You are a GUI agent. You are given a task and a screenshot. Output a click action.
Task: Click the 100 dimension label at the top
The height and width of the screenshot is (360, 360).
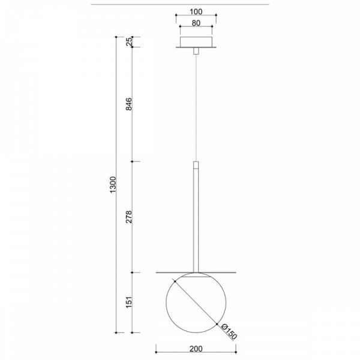point(196,12)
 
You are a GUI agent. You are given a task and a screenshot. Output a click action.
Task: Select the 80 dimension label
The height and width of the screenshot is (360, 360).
point(196,23)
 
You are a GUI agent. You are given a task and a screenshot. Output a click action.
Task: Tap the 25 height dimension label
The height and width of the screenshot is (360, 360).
point(129,41)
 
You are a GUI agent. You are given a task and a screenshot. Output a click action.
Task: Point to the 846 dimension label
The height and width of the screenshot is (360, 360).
point(129,104)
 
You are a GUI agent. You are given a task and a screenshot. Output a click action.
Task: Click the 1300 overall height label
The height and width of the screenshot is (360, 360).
point(113,185)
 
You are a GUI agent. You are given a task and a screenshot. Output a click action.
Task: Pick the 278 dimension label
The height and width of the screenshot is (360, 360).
point(129,217)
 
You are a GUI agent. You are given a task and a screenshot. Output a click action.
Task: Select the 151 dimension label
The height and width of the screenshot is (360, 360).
point(129,302)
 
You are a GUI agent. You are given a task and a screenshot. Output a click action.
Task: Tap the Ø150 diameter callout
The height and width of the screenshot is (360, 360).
point(229,332)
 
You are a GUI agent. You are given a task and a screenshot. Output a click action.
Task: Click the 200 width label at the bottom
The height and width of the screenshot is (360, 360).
point(196,349)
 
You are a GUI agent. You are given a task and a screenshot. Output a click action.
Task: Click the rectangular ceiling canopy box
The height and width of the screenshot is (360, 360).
point(196,42)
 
